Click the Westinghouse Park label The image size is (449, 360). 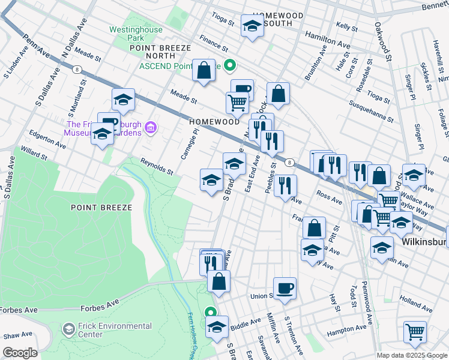pyautogui.click(x=131, y=34)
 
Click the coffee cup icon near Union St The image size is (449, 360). pyautogui.click(x=285, y=287)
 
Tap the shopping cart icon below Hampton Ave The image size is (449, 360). pyautogui.click(x=415, y=331)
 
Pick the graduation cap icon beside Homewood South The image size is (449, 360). pyautogui.click(x=252, y=25)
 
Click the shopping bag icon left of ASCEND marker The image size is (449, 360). pyautogui.click(x=204, y=70)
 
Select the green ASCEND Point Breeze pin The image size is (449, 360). pyautogui.click(x=231, y=66)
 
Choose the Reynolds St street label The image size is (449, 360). pyautogui.click(x=156, y=167)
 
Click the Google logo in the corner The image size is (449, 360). pyautogui.click(x=20, y=353)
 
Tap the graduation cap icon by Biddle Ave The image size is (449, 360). pyautogui.click(x=217, y=326)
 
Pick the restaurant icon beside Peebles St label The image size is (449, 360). pyautogui.click(x=286, y=185)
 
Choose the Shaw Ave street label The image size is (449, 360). pyautogui.click(x=16, y=335)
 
